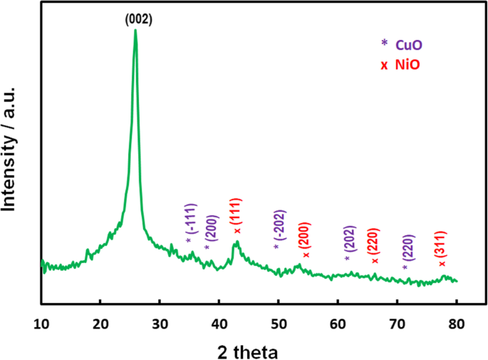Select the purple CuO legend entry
click(x=407, y=44)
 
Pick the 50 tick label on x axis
click(x=278, y=321)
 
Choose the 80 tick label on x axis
click(x=456, y=321)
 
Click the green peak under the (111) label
click(x=237, y=244)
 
